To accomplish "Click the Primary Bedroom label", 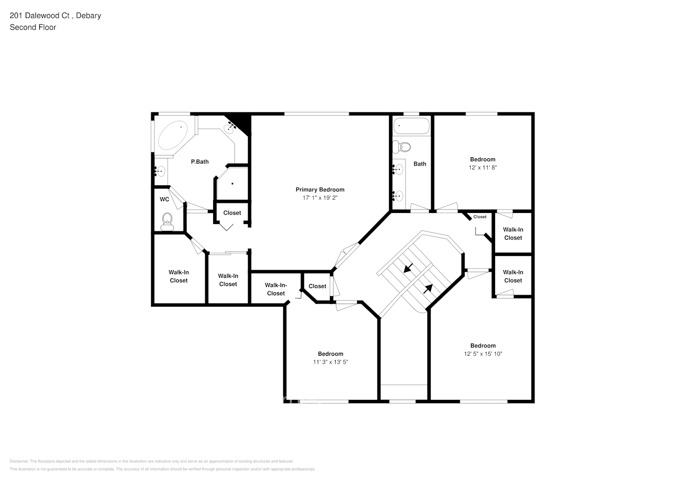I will (320, 190).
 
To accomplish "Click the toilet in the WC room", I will (167, 221).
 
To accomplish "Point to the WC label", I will (164, 199).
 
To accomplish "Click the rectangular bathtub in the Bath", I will (411, 126).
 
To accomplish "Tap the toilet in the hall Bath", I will (402, 146).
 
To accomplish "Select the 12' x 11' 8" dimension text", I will (483, 167).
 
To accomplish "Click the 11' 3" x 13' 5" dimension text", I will (330, 362).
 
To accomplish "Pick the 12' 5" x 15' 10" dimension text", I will (483, 354).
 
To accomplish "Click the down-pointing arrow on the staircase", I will (408, 267).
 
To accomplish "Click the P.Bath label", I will (200, 162).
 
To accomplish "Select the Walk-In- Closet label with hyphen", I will (276, 289).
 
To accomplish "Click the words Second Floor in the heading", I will (33, 27).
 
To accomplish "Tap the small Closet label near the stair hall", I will (480, 217).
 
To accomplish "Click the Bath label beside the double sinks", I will (420, 164).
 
